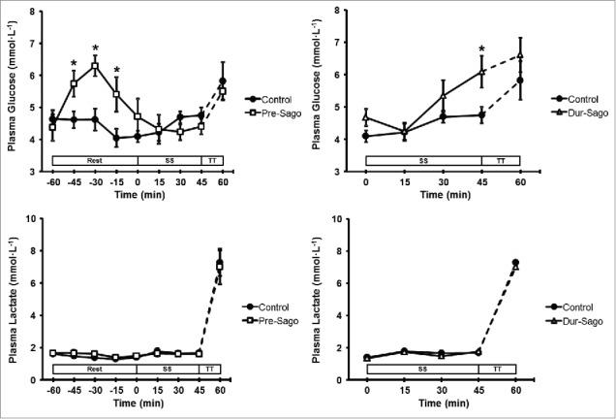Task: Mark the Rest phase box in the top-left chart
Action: (x=94, y=159)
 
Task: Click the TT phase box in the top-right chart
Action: (x=501, y=159)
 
